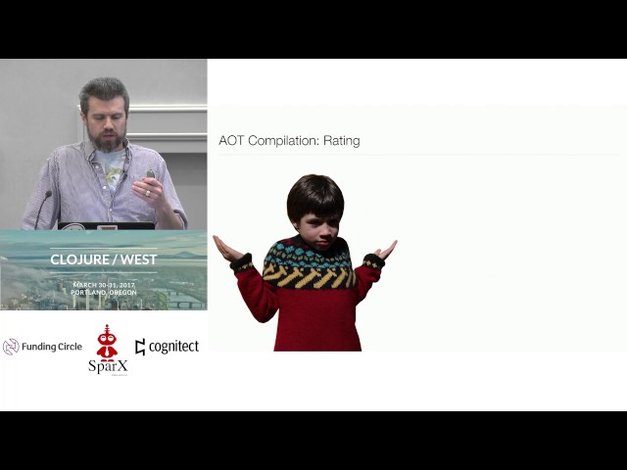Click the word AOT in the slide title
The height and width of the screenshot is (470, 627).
coord(231,141)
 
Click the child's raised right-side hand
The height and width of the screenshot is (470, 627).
coord(387,249)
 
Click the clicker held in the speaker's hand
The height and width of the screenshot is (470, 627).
coord(150,175)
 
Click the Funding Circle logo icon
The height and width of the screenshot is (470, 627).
coord(12,347)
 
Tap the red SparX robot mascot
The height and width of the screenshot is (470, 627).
coord(107,343)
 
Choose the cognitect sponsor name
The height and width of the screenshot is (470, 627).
coord(172,347)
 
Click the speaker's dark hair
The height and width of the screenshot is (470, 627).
coord(105,91)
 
